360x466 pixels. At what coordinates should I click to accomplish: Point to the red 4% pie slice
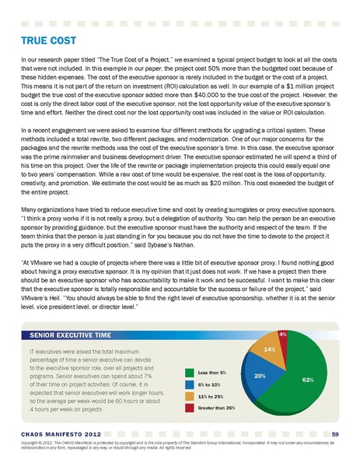point(282,335)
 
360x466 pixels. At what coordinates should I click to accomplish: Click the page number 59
point(334,433)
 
